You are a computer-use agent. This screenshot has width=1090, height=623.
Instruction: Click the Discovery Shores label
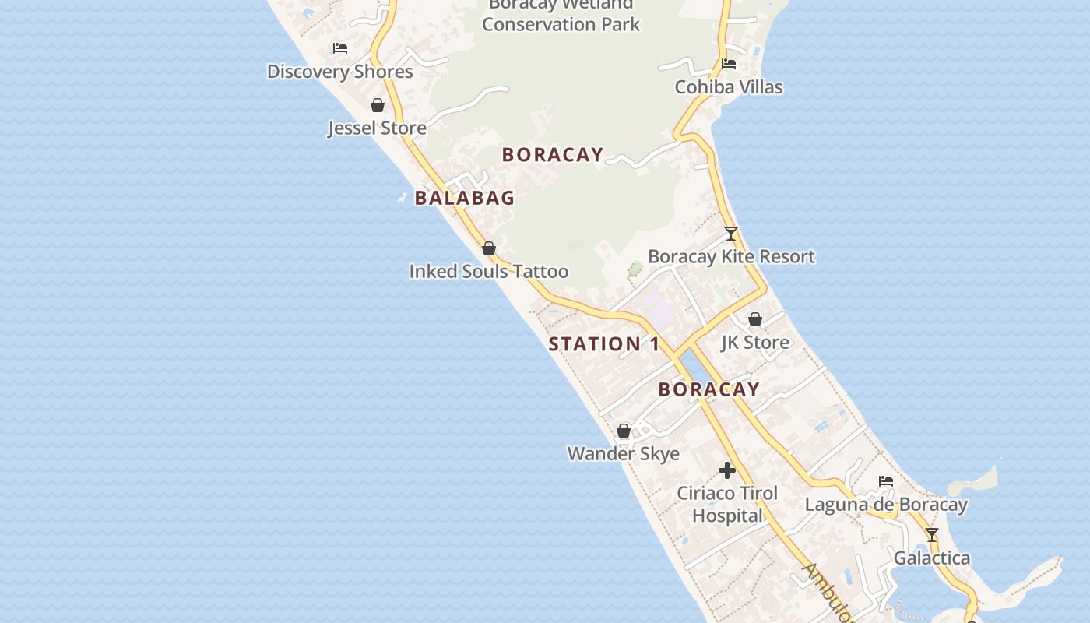[339, 72]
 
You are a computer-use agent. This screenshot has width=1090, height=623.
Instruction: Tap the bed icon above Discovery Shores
[340, 48]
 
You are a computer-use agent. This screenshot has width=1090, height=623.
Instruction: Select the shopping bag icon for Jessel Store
[378, 105]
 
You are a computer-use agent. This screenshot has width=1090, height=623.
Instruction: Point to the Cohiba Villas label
[728, 87]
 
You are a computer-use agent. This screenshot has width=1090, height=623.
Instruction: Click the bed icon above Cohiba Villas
[729, 64]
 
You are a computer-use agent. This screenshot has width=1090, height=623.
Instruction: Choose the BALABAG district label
[465, 198]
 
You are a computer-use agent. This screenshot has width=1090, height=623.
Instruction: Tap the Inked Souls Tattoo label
[488, 272]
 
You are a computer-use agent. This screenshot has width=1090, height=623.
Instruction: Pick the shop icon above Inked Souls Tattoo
[489, 248]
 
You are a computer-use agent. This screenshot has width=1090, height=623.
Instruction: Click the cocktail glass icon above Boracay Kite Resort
[730, 233]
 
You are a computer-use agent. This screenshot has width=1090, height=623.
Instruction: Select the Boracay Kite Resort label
[731, 256]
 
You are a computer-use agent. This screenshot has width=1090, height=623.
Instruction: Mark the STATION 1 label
[604, 344]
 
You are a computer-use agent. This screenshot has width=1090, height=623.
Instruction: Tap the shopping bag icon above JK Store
[754, 319]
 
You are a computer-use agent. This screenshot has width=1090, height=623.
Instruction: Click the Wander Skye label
[623, 454]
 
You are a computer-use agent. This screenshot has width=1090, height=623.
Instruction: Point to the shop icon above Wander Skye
[624, 431]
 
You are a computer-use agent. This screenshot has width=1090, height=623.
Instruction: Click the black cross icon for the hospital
[726, 470]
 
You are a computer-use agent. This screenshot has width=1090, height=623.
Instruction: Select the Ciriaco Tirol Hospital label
[727, 505]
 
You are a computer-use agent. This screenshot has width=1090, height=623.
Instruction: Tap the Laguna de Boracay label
[886, 505]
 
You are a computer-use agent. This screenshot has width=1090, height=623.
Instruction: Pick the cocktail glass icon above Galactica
[932, 535]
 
